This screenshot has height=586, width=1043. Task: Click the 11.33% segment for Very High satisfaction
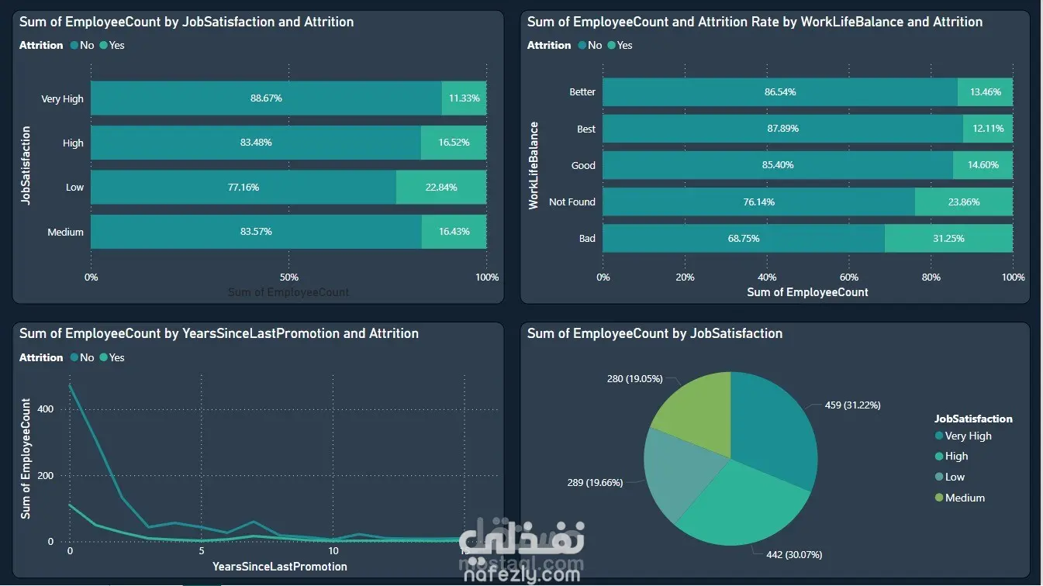tap(464, 98)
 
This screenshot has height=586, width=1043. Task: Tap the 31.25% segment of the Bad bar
tap(948, 239)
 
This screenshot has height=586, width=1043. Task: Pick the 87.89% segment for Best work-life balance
tap(782, 129)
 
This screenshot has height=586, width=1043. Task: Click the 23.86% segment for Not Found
tap(964, 202)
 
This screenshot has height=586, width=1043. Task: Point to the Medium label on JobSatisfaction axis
tap(65, 233)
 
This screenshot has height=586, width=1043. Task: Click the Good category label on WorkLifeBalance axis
tap(583, 165)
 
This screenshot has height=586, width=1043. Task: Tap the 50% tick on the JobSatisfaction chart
tap(288, 277)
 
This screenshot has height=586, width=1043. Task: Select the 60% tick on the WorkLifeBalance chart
tap(849, 277)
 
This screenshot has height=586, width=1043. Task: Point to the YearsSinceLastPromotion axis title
tap(280, 567)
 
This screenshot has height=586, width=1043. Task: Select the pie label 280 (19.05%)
tap(637, 379)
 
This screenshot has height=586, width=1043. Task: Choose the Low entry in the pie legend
tap(955, 477)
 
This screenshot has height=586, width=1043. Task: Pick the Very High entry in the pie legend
tap(968, 436)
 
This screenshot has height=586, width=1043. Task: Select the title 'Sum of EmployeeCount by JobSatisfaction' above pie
tap(654, 334)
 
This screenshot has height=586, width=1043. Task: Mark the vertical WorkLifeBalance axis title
tap(534, 165)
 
